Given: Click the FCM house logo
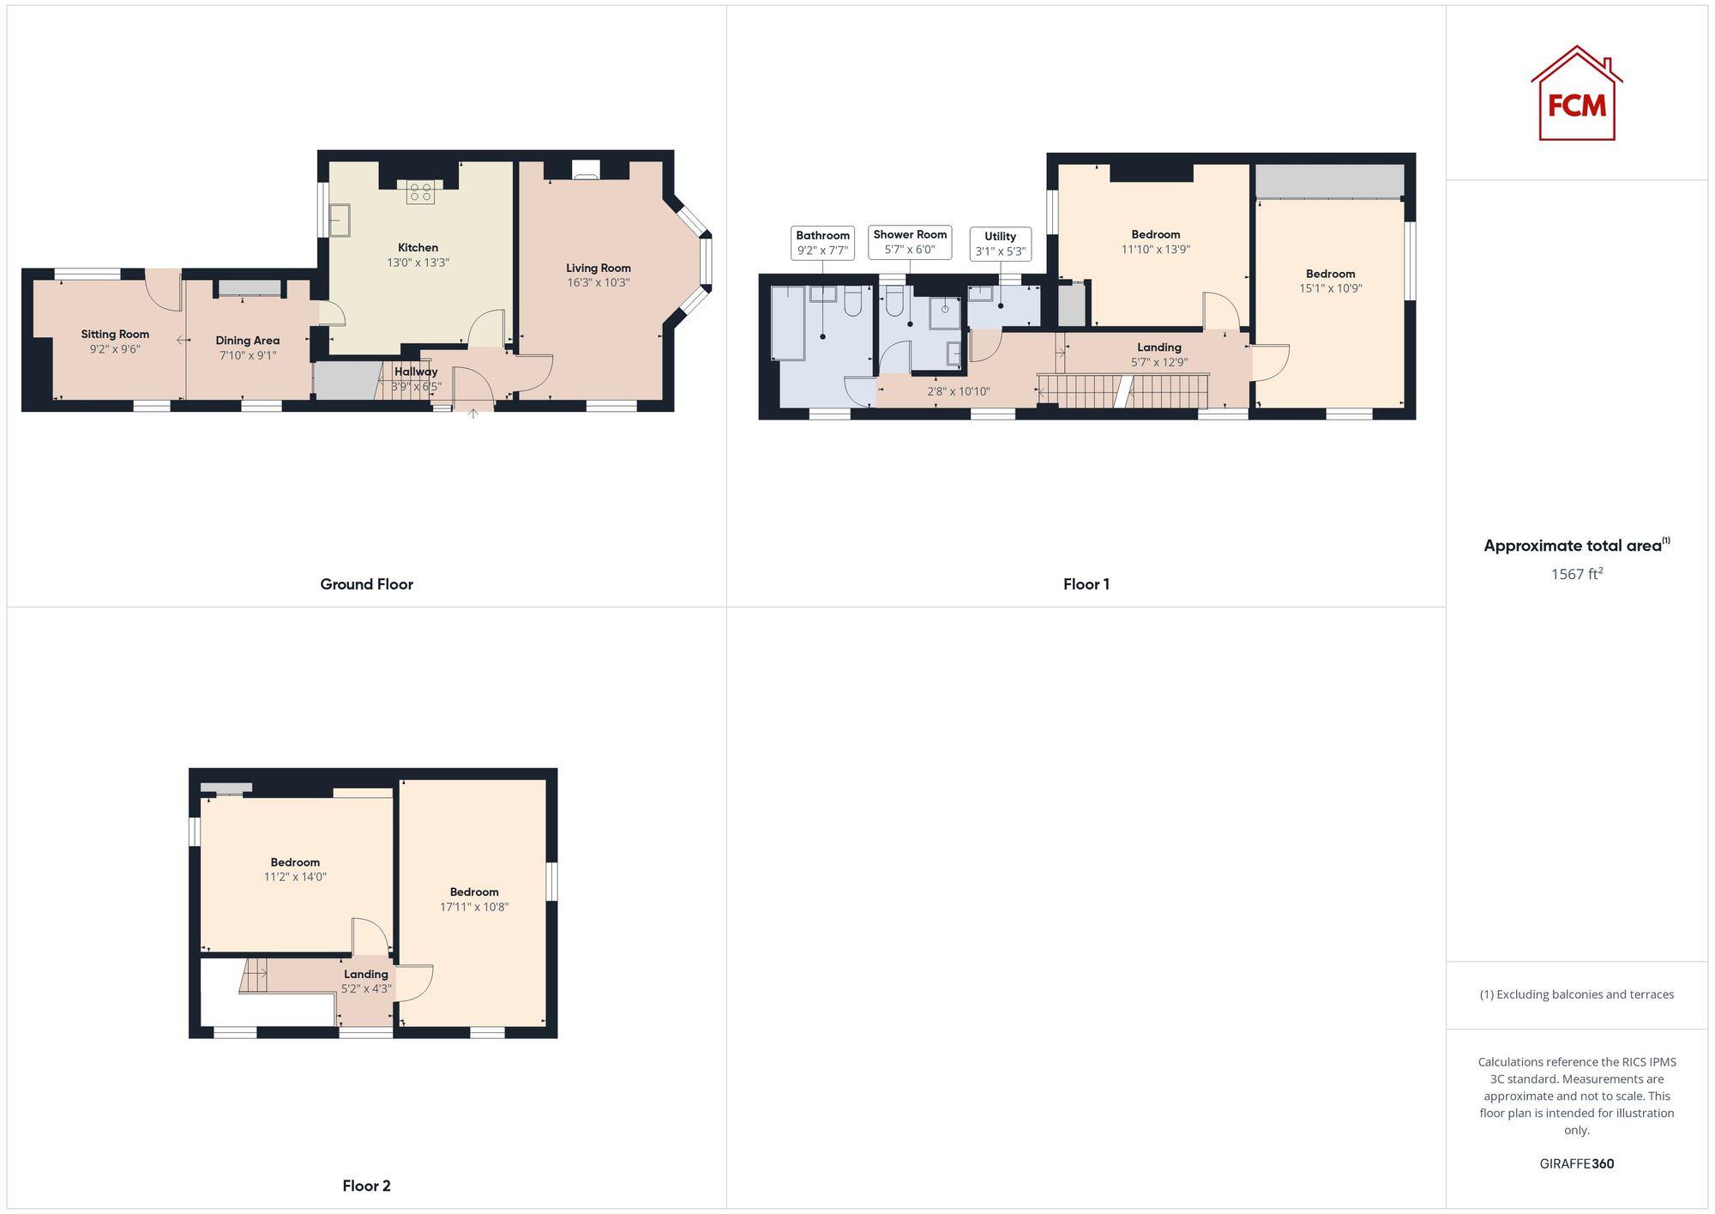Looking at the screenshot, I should (1576, 94).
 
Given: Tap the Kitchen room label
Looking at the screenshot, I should (418, 248).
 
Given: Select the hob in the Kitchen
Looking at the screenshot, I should (420, 192).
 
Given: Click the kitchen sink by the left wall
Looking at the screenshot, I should (340, 220).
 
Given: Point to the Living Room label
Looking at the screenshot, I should (598, 268).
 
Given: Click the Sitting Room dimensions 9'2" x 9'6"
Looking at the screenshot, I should (115, 349).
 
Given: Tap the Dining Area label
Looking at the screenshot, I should (247, 341).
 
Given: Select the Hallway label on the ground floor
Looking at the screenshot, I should (416, 371).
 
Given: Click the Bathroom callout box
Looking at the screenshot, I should (822, 243).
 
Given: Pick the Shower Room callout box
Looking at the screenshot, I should (910, 242).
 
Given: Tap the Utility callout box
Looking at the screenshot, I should (1000, 244).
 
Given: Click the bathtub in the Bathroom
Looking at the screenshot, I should (787, 323).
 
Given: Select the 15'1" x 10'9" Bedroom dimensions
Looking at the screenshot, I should (1330, 288).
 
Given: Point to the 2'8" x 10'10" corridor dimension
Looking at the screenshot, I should (959, 391).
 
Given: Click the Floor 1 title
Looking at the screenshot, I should (1086, 584).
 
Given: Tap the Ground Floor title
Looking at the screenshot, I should (366, 584).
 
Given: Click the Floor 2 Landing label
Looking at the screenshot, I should (366, 974).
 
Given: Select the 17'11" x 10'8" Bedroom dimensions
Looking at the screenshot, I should (474, 907).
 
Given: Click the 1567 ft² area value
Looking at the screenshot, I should (1576, 574).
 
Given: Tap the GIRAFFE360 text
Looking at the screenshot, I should (1576, 1163).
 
